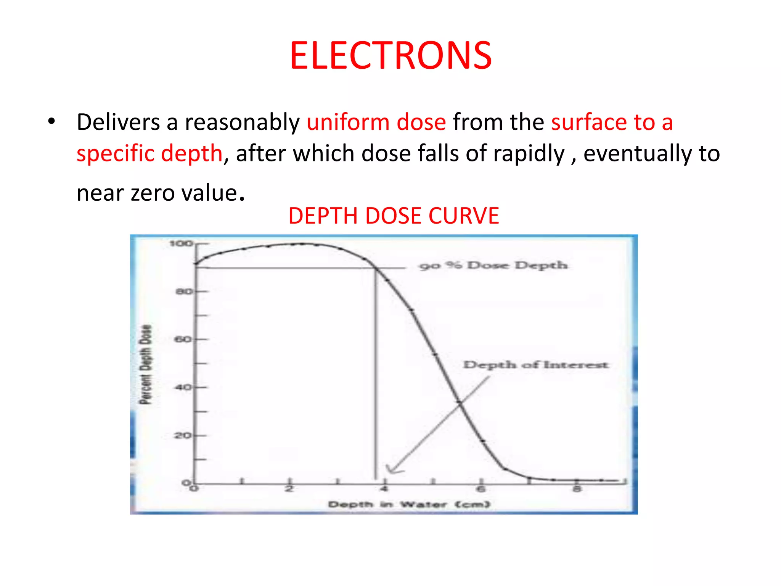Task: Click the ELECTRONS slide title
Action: coord(390,56)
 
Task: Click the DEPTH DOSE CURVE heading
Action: coord(393,216)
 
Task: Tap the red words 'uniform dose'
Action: coord(376,122)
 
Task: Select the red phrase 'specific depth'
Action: coord(149,154)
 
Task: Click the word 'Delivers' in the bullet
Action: coord(118,122)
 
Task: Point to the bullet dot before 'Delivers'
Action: coord(51,122)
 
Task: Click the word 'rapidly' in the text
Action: coord(529,154)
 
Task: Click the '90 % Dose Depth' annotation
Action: coord(493,266)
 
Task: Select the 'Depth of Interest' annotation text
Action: coord(535,365)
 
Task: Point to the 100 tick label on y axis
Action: coord(180,243)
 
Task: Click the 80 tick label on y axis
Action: coord(183,292)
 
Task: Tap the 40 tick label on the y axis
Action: coord(183,388)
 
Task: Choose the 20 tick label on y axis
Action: coord(183,435)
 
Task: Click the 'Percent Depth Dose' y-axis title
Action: coord(145,364)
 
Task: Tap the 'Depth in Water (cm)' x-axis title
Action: coord(408,505)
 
